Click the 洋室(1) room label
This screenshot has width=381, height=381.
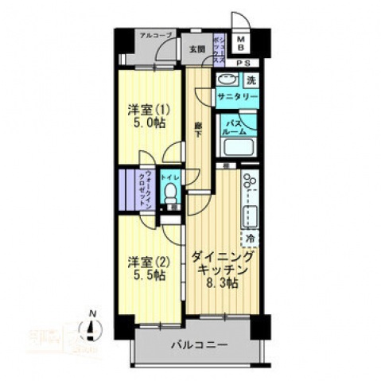tap(148, 109)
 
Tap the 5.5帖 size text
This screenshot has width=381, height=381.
tap(148, 275)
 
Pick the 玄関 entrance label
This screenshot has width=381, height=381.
tap(196, 49)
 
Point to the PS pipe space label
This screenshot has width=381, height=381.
tap(246, 63)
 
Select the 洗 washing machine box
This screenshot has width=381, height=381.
tap(251, 80)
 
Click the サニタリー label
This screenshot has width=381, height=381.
tap(238, 97)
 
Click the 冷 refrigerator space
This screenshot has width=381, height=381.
tap(249, 238)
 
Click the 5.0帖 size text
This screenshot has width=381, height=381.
tap(148, 124)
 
